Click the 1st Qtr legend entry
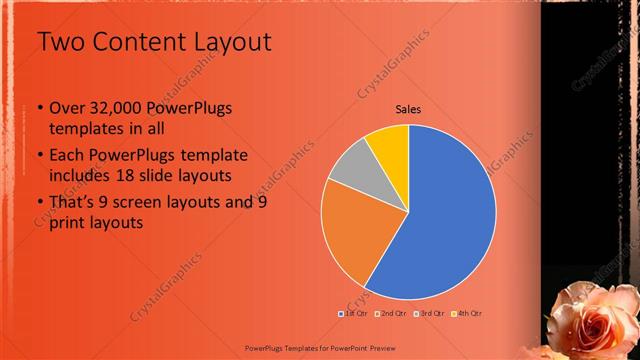click(x=355, y=313)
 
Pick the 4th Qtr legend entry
click(x=466, y=313)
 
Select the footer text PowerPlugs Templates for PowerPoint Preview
click(x=320, y=349)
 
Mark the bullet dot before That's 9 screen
click(x=39, y=203)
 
